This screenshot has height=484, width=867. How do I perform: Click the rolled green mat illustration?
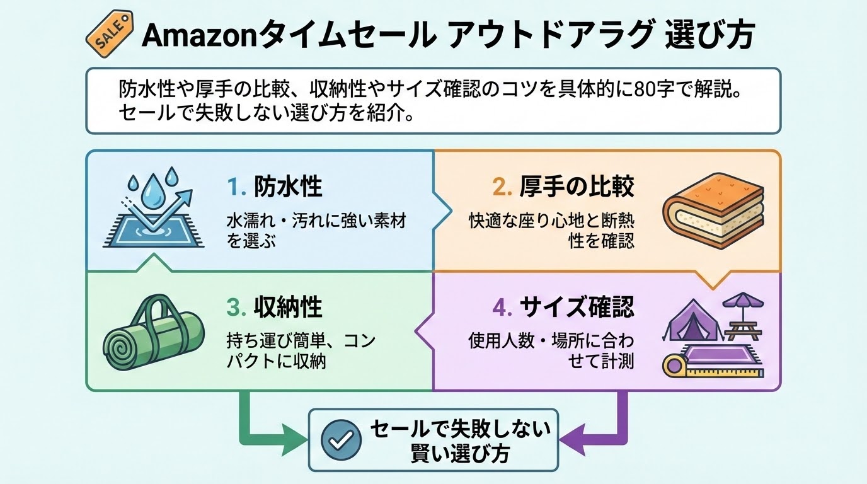154,337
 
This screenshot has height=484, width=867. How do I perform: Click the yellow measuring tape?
678,365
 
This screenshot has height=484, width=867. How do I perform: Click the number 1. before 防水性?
235,187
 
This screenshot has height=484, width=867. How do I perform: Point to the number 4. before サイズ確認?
502,308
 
